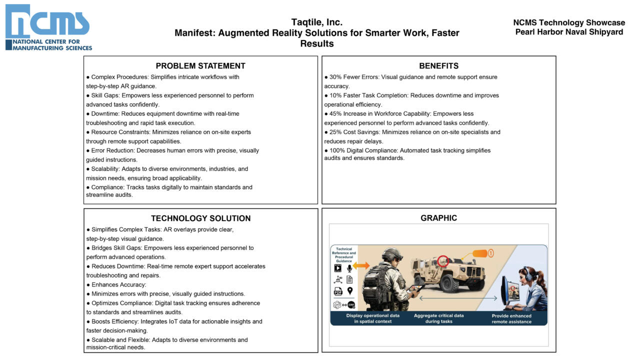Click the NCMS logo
coord(48,27)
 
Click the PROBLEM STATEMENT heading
coord(200,66)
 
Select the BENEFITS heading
coord(438,66)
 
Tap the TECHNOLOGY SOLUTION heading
coord(200,218)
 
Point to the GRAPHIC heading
coord(438,218)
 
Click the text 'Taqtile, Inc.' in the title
coord(316,22)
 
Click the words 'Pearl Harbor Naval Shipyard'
coord(569,32)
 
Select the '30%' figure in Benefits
coord(335,77)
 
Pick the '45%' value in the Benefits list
coord(335,113)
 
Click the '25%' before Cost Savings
coord(335,132)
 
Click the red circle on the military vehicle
coord(443,261)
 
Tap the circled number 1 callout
coord(490,253)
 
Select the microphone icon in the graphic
coord(349,268)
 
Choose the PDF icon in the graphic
coord(338,291)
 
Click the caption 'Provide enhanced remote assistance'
coord(511,318)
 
